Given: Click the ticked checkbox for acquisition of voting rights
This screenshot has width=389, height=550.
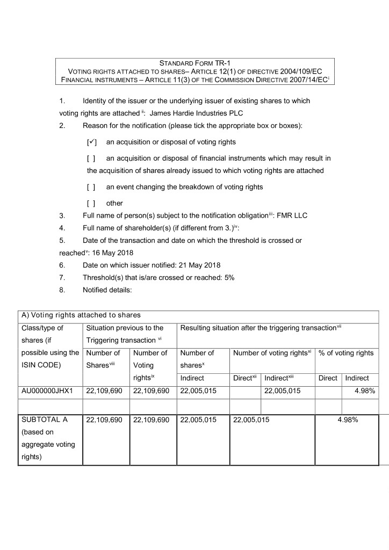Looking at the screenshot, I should click(91, 142).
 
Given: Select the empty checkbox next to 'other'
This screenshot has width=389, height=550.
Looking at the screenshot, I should click(91, 203).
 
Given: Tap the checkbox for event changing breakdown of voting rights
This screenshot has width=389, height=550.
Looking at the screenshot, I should click(91, 187).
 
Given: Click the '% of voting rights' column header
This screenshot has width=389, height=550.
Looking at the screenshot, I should click(346, 353).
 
